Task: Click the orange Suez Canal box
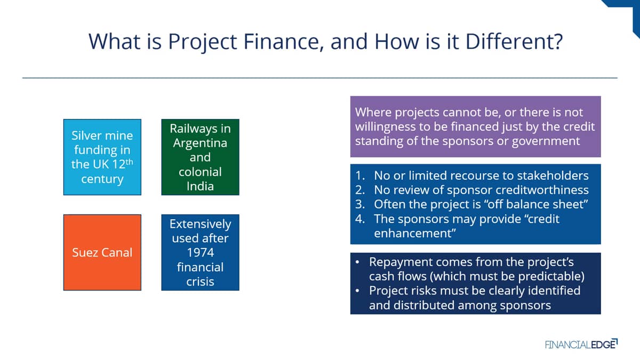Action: tap(102, 252)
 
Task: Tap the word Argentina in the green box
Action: tap(200, 143)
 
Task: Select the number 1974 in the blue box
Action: tap(201, 253)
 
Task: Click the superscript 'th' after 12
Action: tap(130, 162)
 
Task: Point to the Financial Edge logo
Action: tap(581, 345)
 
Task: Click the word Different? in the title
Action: tap(514, 42)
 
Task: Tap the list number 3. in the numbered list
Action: tap(360, 204)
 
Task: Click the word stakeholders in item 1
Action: tap(553, 175)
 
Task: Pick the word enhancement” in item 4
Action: tap(415, 234)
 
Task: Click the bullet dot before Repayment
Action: tap(357, 262)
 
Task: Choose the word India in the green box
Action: tap(200, 186)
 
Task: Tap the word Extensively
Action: tap(201, 225)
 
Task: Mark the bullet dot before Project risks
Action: tap(357, 291)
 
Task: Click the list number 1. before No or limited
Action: tap(360, 175)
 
